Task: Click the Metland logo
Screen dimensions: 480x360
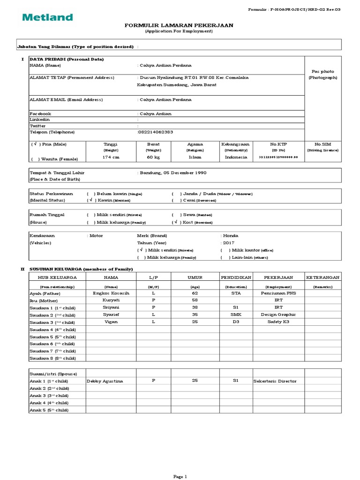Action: click(48, 17)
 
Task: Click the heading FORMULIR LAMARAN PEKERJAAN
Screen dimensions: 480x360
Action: click(179, 25)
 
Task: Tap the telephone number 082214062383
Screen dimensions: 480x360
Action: click(156, 132)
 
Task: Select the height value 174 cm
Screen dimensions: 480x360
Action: click(111, 157)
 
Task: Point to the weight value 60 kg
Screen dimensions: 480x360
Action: click(153, 157)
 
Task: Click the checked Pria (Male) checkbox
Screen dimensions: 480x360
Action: click(34, 144)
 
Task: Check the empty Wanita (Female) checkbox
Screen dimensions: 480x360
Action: click(34, 159)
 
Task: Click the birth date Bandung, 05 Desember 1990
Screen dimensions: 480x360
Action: click(172, 172)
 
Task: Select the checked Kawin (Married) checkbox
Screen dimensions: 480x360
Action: click(90, 200)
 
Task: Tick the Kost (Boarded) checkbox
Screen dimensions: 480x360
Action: click(175, 222)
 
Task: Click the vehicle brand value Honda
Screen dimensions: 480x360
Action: click(231, 236)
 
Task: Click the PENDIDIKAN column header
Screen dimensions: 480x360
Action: click(236, 277)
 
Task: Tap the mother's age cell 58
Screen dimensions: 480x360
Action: click(195, 300)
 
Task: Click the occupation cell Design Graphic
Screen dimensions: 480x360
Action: click(278, 315)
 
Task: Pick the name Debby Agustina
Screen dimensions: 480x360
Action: click(105, 381)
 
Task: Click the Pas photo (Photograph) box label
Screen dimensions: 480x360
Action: click(322, 74)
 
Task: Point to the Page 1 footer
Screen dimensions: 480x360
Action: click(180, 476)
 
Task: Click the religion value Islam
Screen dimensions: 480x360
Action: click(195, 157)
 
